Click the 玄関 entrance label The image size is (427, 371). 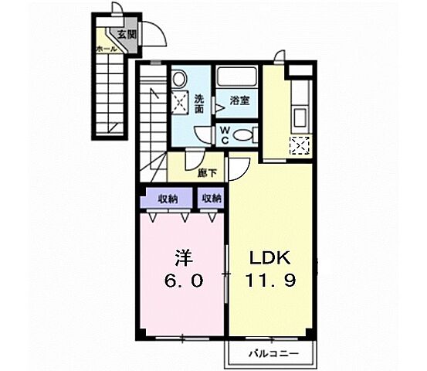click(127, 34)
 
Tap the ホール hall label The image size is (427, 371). click(107, 49)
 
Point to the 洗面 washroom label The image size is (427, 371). click(199, 104)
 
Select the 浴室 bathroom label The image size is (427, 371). click(239, 100)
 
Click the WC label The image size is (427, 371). click(225, 135)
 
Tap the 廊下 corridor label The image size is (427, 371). click(207, 173)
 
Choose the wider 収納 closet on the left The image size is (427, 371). click(168, 199)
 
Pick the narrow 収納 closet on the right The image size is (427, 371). click(211, 199)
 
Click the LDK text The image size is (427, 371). click(270, 258)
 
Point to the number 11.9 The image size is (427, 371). click(271, 280)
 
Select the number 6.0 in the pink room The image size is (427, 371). click(184, 281)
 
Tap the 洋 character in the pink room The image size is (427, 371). click(184, 258)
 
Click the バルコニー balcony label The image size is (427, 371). click(274, 354)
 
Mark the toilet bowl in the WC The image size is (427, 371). click(243, 135)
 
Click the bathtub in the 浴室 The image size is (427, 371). click(236, 77)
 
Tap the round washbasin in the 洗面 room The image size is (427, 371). click(179, 79)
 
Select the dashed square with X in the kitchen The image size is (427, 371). click(300, 146)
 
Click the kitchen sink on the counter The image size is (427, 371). click(300, 117)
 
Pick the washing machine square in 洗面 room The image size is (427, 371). click(180, 103)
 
